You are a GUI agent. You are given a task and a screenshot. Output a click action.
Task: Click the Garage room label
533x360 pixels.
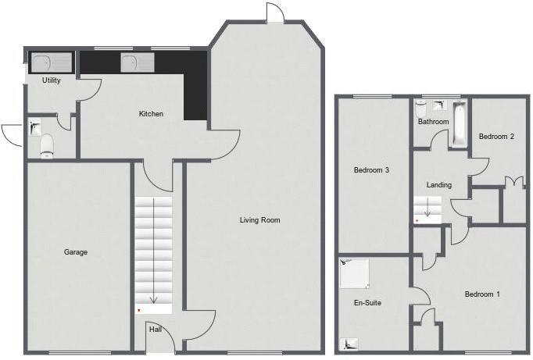76,252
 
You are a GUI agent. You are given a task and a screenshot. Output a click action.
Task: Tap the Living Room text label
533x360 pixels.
260,220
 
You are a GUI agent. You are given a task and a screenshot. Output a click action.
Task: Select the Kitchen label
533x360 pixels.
151,114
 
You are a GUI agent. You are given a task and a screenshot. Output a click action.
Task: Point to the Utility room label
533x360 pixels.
52,80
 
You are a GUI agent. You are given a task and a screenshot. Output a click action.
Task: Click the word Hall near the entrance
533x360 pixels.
156,329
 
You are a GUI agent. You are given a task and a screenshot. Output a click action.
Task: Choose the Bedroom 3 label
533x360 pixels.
371,169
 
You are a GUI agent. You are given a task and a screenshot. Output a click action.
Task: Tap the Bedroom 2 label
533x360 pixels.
496,137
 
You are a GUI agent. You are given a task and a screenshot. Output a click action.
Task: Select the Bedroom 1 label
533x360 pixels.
482,294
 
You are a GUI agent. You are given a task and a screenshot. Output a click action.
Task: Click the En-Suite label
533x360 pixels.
367,303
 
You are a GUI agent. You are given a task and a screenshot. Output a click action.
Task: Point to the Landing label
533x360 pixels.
439,185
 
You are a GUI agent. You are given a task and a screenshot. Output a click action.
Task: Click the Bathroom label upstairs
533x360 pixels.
434,122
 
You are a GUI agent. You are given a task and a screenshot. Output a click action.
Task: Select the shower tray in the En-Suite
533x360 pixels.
355,273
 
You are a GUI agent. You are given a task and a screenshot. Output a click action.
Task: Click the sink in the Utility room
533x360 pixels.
52,62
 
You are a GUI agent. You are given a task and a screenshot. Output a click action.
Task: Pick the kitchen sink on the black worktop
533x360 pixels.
138,62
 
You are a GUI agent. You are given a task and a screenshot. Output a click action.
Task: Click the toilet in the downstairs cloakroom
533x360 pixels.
47,146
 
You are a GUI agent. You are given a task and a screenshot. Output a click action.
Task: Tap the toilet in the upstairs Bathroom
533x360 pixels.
420,109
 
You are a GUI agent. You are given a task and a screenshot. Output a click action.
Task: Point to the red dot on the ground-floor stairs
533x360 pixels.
138,311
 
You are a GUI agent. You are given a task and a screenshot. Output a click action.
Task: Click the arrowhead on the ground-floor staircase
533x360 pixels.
154,300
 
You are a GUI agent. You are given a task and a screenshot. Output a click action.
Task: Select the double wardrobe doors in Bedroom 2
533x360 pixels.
515,181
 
